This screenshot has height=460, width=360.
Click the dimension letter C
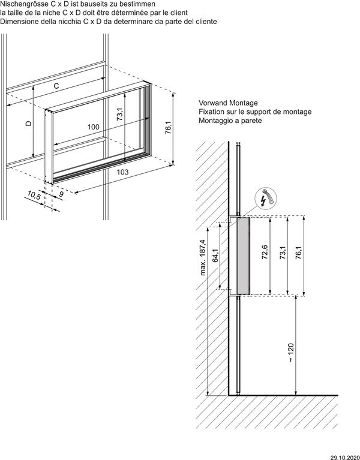tap(56, 86)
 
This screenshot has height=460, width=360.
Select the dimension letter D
tap(28, 123)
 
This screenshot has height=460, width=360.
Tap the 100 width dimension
tap(93, 127)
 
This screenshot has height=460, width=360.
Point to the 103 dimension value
tap(122, 172)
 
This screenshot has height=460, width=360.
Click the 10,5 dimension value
tap(34, 195)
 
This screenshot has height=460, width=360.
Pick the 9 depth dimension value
tap(61, 194)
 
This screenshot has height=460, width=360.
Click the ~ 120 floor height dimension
tap(291, 352)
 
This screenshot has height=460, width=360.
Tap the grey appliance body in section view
tap(244, 256)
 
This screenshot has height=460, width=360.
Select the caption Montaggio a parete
tap(230, 121)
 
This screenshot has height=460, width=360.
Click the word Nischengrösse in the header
tap(23, 4)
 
